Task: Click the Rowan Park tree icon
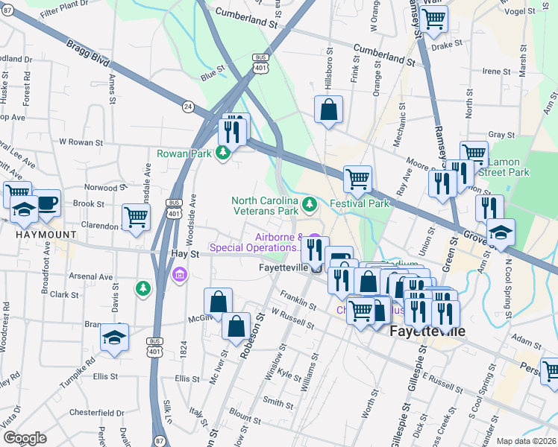click(222, 154)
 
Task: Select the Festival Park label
click(360, 203)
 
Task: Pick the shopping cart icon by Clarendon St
click(137, 217)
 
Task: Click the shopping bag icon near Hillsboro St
click(328, 110)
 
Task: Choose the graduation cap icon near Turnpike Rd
click(114, 337)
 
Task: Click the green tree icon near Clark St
click(142, 287)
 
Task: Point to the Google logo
click(25, 438)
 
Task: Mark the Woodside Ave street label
click(192, 212)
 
